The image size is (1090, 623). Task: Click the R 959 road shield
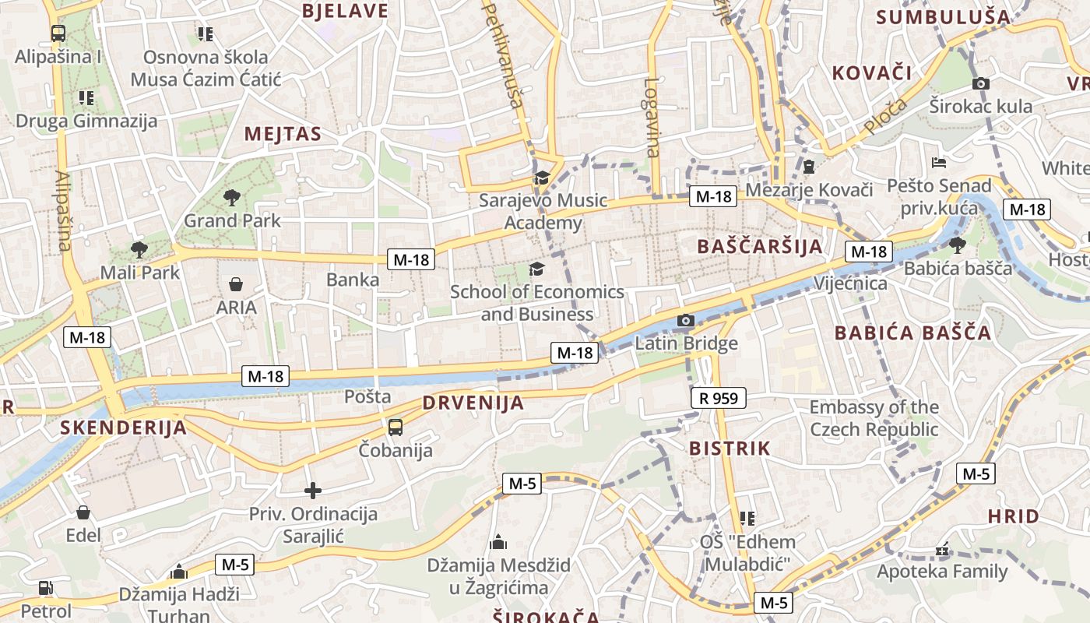coord(719,399)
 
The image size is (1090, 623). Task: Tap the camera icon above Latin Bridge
coord(686,320)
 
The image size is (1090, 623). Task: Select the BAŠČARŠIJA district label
coord(760,247)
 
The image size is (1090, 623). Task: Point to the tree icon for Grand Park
coord(231,198)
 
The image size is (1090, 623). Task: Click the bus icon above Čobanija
coord(396,427)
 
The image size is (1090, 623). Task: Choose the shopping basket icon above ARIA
coord(236,285)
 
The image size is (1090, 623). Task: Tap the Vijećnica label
coord(850,283)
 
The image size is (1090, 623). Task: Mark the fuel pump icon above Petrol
coord(46,588)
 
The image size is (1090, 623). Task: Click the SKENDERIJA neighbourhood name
coord(124,428)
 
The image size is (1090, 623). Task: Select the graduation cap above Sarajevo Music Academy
coord(542,178)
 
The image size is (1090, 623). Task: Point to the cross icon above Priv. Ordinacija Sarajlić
coord(313,491)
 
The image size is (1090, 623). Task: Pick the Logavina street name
coord(652,117)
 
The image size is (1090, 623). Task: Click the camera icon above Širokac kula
coord(981,83)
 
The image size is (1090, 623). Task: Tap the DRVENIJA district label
coord(473,403)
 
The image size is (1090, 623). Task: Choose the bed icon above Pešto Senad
coord(939,164)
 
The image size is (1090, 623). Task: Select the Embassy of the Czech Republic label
coord(874,418)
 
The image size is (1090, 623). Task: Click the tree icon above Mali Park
coord(139,250)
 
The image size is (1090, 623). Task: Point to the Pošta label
coord(367,396)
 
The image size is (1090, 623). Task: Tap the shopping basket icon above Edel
coord(83,512)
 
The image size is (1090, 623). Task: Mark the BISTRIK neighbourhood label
coord(730,449)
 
